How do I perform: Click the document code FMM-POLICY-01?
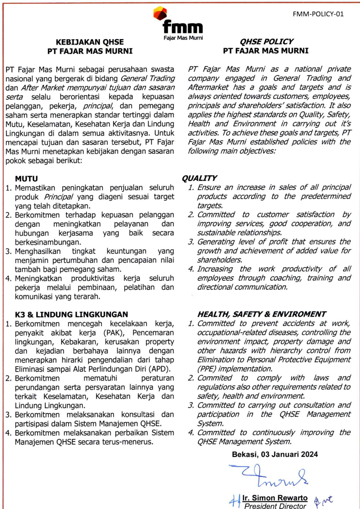pyautogui.click(x=318, y=14)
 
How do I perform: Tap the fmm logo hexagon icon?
pyautogui.click(x=160, y=14)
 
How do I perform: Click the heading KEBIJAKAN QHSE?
pyautogui.click(x=90, y=42)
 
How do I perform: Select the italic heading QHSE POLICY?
pyautogui.click(x=266, y=41)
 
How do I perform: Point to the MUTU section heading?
pyautogui.click(x=26, y=179)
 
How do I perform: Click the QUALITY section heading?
pyautogui.click(x=199, y=178)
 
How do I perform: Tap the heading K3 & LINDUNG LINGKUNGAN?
pyautogui.click(x=71, y=314)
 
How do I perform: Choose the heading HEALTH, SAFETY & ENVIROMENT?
pyautogui.click(x=262, y=314)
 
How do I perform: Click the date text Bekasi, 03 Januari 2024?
pyautogui.click(x=275, y=454)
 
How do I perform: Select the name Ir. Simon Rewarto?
pyautogui.click(x=275, y=498)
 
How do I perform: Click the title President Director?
pyautogui.click(x=275, y=506)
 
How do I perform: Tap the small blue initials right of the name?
pyautogui.click(x=323, y=501)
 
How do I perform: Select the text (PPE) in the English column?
pyautogui.click(x=207, y=369)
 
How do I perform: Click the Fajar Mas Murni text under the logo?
pyautogui.click(x=183, y=38)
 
